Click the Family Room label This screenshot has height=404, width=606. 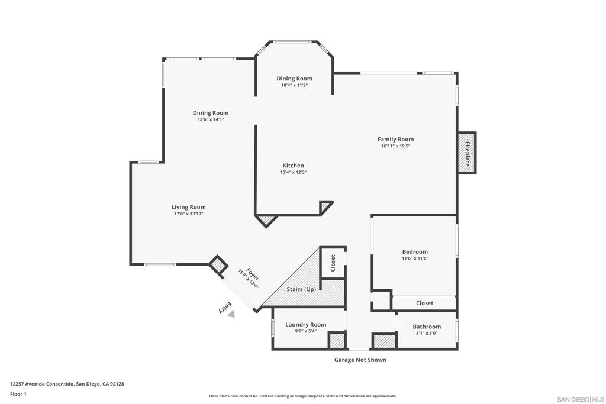(x=395, y=140)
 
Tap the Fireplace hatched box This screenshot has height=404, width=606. (x=466, y=153)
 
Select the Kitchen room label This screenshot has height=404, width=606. (x=293, y=166)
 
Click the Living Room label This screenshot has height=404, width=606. (x=188, y=207)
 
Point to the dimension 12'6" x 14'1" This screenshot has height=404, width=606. (x=210, y=119)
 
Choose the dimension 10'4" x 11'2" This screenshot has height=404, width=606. (x=294, y=85)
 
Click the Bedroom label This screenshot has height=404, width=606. (x=414, y=251)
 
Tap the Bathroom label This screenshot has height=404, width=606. (x=426, y=327)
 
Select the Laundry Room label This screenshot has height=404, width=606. (x=305, y=324)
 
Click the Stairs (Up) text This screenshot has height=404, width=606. (x=301, y=289)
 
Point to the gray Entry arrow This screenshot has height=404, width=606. (x=231, y=314)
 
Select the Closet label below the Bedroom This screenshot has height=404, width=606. (x=424, y=303)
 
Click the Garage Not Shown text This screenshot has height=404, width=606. (x=360, y=360)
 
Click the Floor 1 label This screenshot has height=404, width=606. (x=18, y=394)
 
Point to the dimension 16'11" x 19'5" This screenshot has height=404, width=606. (x=395, y=146)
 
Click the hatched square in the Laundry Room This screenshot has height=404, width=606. (x=337, y=341)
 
